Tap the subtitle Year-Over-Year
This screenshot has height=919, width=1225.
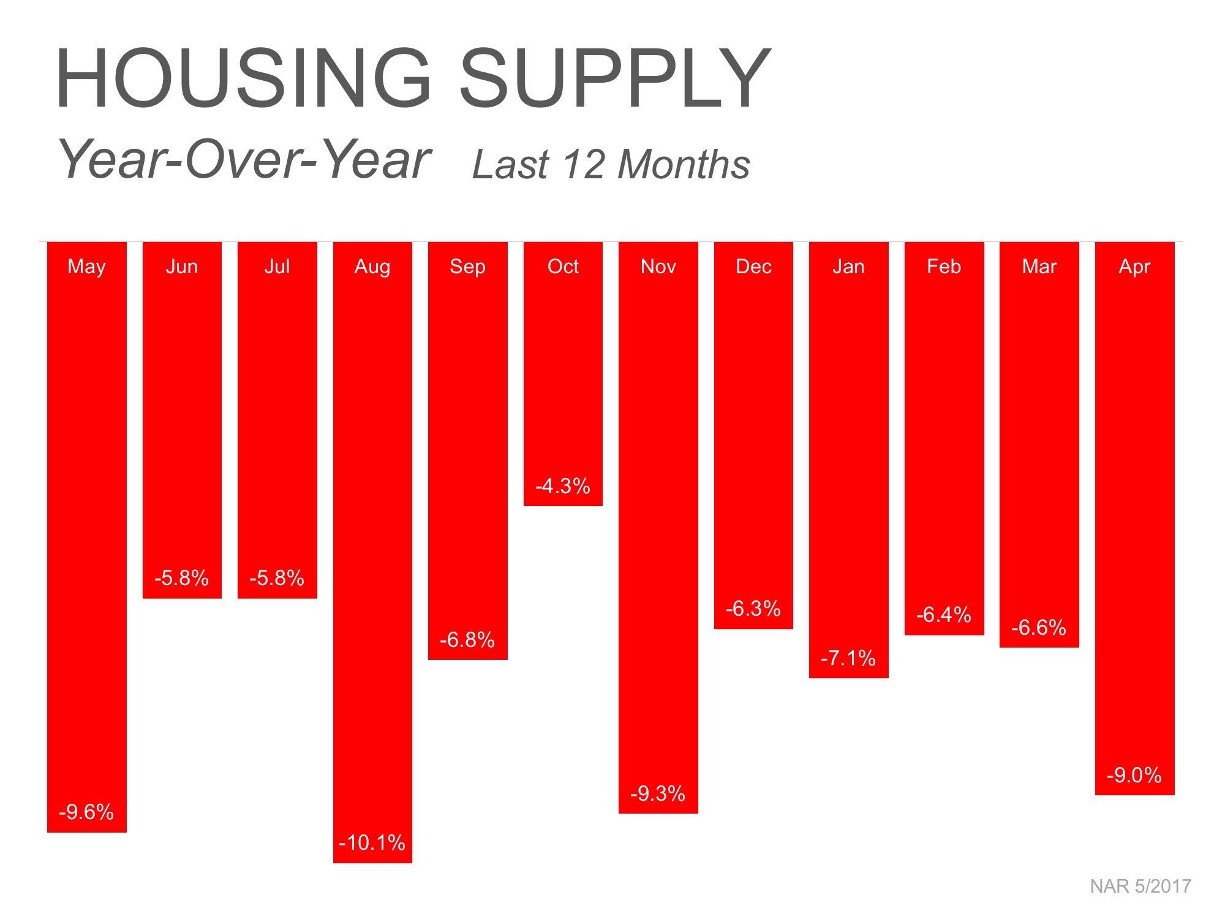click(x=244, y=159)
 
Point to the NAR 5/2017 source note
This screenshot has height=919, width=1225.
click(x=1140, y=887)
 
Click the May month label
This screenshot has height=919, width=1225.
click(x=86, y=267)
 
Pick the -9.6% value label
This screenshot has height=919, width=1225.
click(x=86, y=812)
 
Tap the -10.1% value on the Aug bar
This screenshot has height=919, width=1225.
click(x=372, y=842)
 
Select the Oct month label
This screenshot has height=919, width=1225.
click(x=563, y=267)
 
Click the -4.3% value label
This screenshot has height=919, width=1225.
click(x=563, y=486)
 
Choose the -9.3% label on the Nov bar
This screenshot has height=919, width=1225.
click(x=658, y=793)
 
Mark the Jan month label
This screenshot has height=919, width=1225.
click(x=848, y=267)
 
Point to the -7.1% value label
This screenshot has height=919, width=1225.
click(x=848, y=658)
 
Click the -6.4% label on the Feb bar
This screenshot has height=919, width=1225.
click(x=944, y=615)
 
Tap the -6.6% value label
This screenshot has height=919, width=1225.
click(x=1039, y=627)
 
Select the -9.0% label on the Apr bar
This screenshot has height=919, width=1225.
click(x=1134, y=775)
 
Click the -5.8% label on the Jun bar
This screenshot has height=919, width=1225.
click(x=182, y=578)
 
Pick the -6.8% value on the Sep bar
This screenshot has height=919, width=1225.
click(x=467, y=640)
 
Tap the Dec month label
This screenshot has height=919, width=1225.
click(x=753, y=267)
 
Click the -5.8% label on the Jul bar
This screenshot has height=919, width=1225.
click(x=277, y=578)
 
